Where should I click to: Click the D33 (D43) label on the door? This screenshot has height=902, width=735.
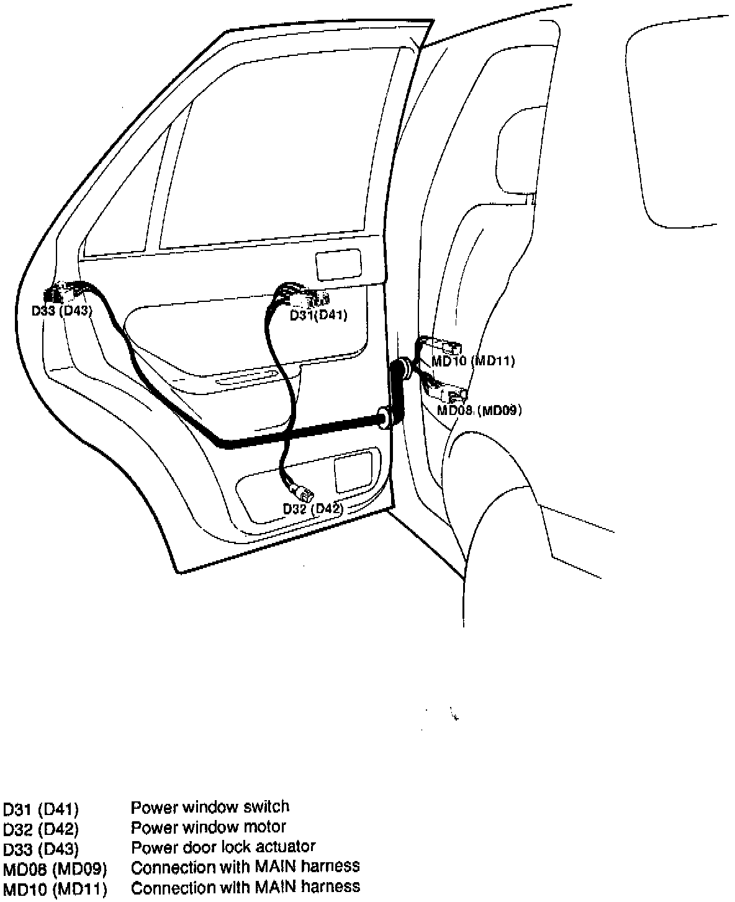tap(62, 310)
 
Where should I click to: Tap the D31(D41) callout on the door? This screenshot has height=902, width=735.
tap(319, 315)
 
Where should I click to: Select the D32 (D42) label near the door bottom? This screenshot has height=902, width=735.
tap(313, 509)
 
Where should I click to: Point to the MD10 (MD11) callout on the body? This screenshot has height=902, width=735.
tap(473, 360)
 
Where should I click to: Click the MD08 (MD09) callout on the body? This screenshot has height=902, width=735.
tap(479, 410)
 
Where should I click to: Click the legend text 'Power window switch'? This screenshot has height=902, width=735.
tap(210, 807)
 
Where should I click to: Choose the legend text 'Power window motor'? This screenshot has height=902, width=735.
tap(209, 827)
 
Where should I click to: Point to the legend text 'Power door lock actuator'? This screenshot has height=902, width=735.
tap(223, 846)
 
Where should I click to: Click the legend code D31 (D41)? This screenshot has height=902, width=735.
tap(41, 809)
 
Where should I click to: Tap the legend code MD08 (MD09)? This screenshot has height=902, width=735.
tap(55, 867)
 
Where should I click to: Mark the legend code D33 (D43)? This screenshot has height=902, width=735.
tap(41, 848)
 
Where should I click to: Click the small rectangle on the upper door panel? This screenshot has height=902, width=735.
tap(338, 265)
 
